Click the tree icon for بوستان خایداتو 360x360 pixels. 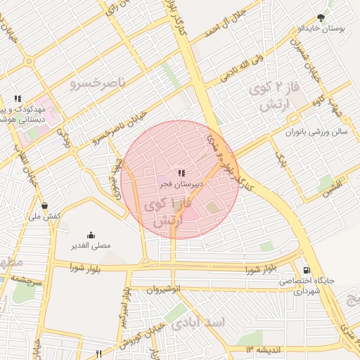click(321, 17)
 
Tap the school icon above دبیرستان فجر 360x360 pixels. click(181, 172)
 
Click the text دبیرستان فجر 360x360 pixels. click(180, 184)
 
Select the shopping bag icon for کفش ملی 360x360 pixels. click(45, 206)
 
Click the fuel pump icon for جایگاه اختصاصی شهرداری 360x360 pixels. click(306, 270)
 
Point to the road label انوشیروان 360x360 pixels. click(164, 288)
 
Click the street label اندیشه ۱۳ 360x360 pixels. click(263, 348)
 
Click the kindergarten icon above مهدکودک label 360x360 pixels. click(18, 98)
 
